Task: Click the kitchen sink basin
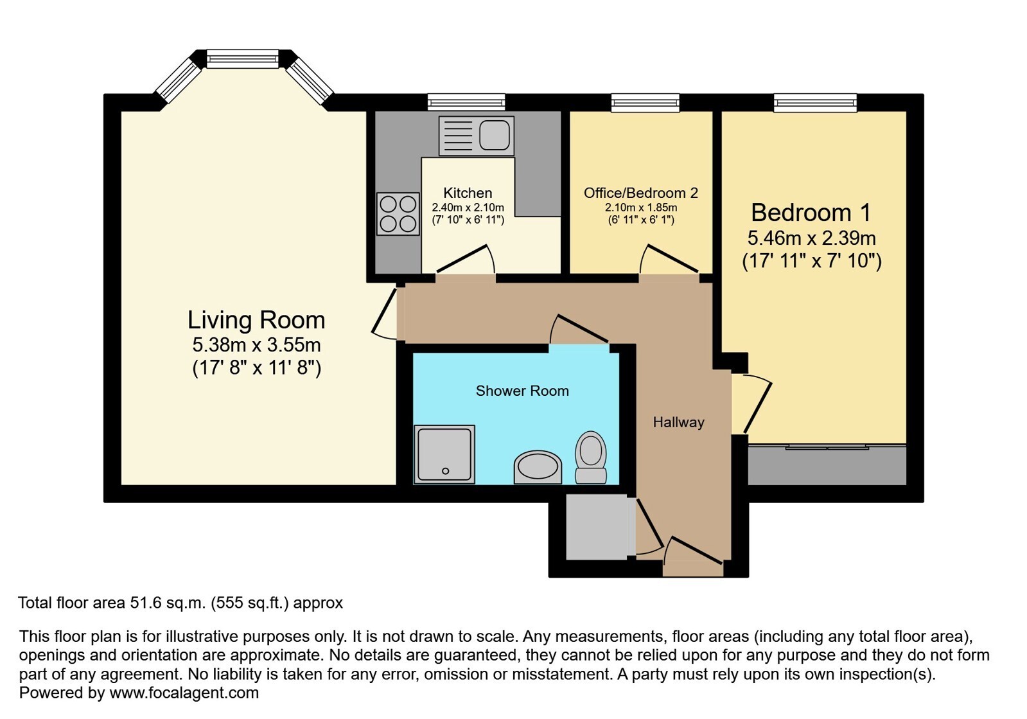495,136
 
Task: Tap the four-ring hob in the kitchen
398,214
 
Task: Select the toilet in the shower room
591,457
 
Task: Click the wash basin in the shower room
538,467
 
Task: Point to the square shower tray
444,454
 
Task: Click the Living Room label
256,320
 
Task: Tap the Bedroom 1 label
811,212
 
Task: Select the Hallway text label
678,422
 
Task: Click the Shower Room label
522,391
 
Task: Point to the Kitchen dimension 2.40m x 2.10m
468,208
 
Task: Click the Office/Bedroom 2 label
641,193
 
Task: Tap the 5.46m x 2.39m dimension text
811,238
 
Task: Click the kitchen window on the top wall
466,102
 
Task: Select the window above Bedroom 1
815,102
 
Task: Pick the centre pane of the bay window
242,58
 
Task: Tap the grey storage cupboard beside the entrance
597,527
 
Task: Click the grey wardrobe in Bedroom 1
827,465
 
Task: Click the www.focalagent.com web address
184,693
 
